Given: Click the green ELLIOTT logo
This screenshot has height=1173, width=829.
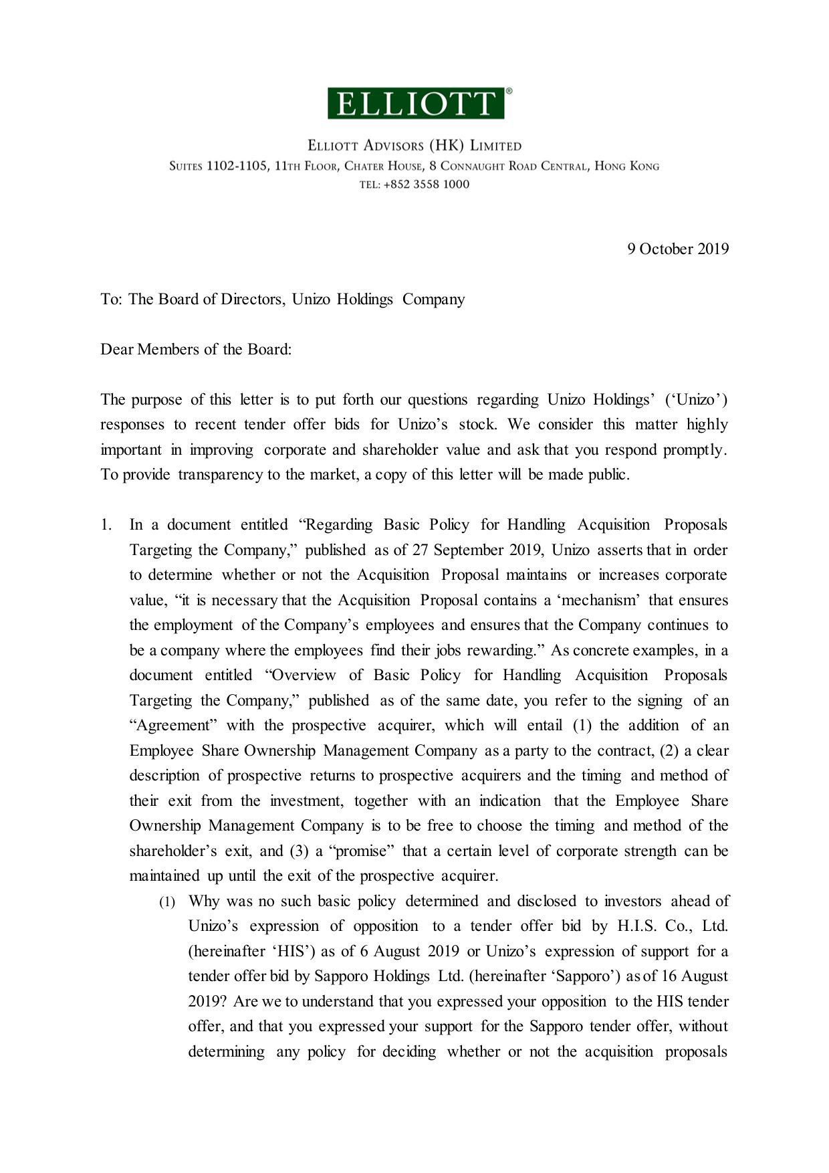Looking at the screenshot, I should pos(415,104).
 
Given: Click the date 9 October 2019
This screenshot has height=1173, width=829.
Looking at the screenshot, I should pos(677,249).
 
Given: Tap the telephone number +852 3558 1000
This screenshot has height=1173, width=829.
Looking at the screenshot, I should pos(427,185).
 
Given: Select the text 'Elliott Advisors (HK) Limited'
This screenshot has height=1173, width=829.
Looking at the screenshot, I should pos(414,146).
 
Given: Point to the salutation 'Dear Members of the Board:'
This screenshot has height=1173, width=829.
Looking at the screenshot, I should pos(196,349).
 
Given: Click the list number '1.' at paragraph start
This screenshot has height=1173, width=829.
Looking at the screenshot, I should pos(106,525).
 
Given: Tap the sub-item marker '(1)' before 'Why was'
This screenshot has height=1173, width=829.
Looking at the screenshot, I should pos(166,902).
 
